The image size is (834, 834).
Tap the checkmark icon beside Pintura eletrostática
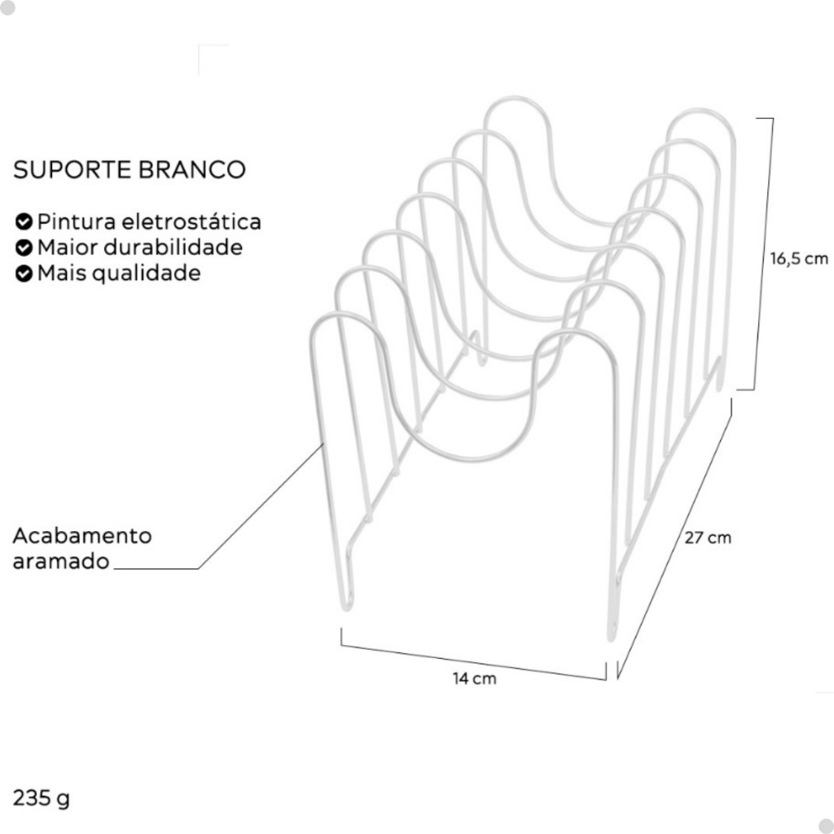[x=24, y=222]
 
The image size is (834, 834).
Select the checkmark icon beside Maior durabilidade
[x=24, y=247]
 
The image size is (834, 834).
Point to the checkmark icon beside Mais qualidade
[x=24, y=273]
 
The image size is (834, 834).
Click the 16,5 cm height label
[x=798, y=259]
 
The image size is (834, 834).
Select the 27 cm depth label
[x=707, y=538]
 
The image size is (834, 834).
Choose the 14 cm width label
[x=474, y=678]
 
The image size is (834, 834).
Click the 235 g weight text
[x=41, y=797]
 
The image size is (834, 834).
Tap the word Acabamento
[x=82, y=536]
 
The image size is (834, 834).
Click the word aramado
[x=61, y=562]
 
